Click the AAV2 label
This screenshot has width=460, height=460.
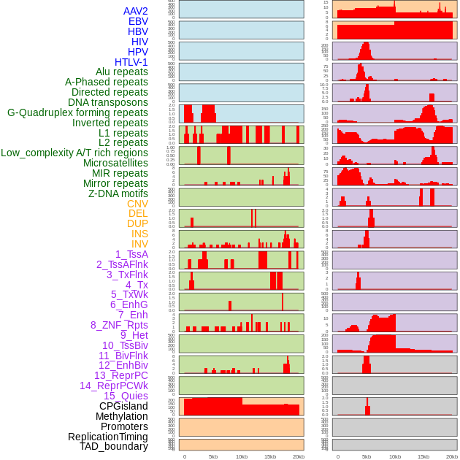tap(135, 11)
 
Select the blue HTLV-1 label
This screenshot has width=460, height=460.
tap(131, 62)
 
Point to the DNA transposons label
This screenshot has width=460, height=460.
tap(107, 102)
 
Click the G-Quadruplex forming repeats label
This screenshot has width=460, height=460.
tap(77, 112)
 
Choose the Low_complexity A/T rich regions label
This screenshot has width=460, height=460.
tap(74, 153)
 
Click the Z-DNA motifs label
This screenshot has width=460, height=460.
tap(118, 193)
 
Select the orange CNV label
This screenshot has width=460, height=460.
tap(137, 204)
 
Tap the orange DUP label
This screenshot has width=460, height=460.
tap(137, 223)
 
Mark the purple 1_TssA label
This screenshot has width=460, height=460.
tap(131, 254)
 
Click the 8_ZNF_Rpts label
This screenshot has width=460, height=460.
tap(119, 325)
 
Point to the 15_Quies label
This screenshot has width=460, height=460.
tap(126, 396)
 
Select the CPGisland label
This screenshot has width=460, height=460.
tap(123, 406)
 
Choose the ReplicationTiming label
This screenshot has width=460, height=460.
tap(108, 437)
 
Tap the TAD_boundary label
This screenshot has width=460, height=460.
tap(114, 446)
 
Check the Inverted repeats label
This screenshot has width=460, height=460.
tap(110, 123)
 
